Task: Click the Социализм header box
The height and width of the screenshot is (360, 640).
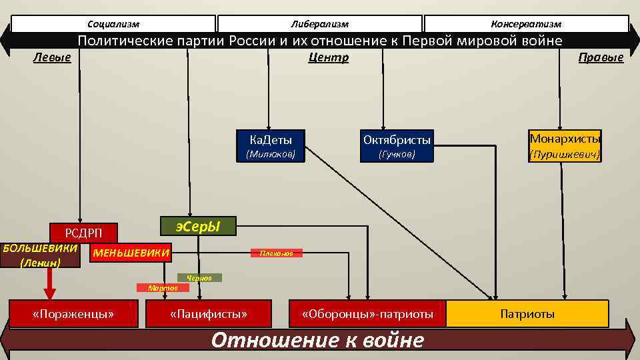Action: click(x=113, y=24)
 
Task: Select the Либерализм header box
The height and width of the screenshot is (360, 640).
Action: click(x=320, y=24)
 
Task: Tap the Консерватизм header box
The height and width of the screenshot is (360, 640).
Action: click(x=526, y=24)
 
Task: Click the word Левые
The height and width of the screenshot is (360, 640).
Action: click(x=52, y=57)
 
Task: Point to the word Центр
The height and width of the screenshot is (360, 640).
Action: click(x=328, y=57)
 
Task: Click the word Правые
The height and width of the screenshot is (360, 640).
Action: click(x=601, y=57)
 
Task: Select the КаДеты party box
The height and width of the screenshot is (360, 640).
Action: click(x=271, y=139)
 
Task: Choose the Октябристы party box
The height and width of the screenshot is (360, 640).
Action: click(x=397, y=139)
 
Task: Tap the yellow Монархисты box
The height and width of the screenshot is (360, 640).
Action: click(x=565, y=139)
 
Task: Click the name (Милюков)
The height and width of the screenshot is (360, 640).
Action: click(x=271, y=155)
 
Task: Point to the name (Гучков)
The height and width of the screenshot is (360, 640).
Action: click(x=397, y=155)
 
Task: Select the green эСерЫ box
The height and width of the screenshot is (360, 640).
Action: click(x=198, y=227)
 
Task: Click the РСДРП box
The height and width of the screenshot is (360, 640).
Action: click(x=83, y=232)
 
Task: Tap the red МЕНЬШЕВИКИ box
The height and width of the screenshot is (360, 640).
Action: click(x=130, y=253)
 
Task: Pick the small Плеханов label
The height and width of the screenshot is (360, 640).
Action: click(x=276, y=253)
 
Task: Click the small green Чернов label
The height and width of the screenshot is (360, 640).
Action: click(x=199, y=277)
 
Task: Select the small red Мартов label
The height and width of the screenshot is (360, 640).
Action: click(x=163, y=287)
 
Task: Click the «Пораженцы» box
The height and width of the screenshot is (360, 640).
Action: click(x=73, y=313)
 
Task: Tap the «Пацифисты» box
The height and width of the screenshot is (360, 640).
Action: click(x=208, y=313)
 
